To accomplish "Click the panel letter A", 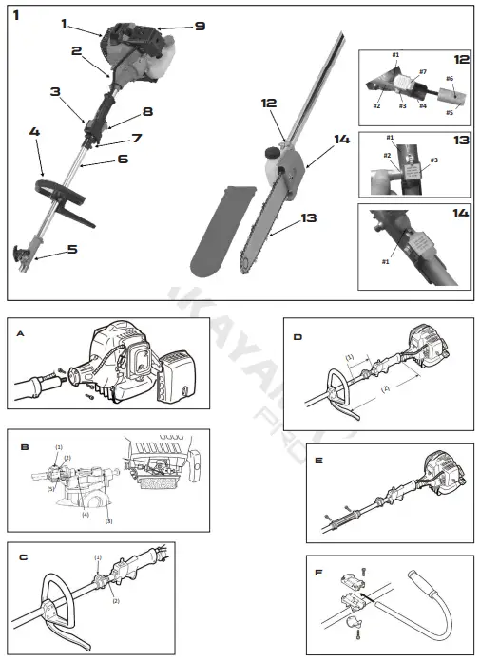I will (21, 333).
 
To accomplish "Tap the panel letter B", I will (21, 442).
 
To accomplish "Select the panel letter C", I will (22, 557).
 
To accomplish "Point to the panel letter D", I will (298, 335).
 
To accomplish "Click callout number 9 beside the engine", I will (199, 27).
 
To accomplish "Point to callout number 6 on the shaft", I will (123, 160).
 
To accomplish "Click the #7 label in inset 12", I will (422, 72).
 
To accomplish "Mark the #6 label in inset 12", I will (449, 79).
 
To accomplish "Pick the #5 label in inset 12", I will (450, 112).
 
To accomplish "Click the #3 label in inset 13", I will (433, 160).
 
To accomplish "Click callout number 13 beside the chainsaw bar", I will (308, 218).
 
